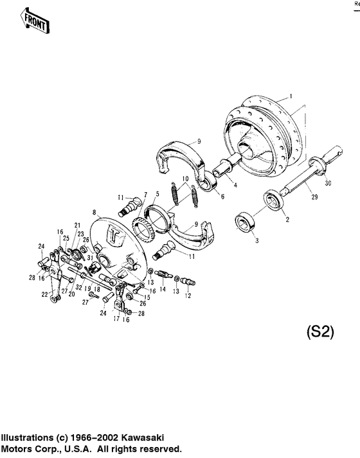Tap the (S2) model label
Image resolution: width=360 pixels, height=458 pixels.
click(317, 333)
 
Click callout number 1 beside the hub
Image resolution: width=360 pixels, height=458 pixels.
click(291, 96)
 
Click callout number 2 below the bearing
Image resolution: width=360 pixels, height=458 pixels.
click(287, 219)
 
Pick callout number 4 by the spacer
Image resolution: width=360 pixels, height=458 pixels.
click(235, 185)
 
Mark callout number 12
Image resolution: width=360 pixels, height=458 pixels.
click(188, 296)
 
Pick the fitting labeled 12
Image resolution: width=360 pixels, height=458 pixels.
click(188, 281)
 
